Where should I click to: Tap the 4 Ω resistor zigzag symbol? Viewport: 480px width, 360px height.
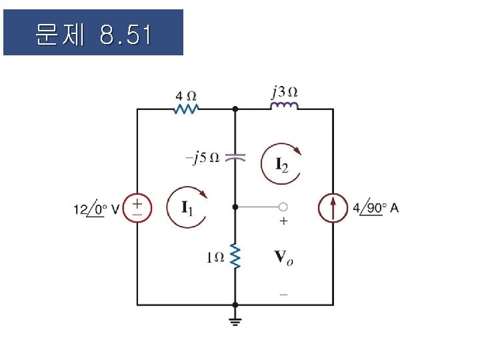[187, 109]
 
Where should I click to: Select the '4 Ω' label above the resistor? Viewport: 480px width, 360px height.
[187, 94]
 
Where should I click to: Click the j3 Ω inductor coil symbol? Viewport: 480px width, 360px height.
[285, 107]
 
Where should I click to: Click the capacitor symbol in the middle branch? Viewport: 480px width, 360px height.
[235, 158]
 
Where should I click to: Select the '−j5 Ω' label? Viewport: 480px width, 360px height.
[202, 158]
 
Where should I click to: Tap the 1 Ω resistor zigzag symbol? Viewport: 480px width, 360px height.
[235, 256]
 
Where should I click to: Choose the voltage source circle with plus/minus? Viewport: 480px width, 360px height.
[138, 207]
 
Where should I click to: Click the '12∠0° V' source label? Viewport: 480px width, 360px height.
[96, 209]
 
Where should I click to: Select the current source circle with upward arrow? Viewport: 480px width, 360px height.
[333, 207]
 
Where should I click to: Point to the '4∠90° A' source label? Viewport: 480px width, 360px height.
[375, 208]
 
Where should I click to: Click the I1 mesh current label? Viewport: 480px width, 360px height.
[189, 208]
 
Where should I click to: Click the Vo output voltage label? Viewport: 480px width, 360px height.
[283, 256]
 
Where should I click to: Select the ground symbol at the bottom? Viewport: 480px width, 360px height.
[235, 321]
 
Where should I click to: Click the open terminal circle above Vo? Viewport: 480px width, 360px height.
[283, 207]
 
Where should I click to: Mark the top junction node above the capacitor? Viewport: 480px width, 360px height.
[235, 109]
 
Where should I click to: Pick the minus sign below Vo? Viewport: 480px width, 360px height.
[283, 293]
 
